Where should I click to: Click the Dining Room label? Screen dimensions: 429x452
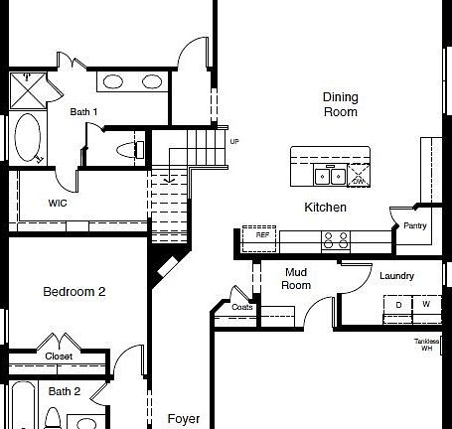(340, 104)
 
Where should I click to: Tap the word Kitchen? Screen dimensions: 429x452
(325, 208)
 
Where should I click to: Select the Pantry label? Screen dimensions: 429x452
(415, 226)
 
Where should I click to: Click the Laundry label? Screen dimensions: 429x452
(396, 276)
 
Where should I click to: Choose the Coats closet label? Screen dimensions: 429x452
(242, 307)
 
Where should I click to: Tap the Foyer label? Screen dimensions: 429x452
(184, 418)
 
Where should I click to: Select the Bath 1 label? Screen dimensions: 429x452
(83, 112)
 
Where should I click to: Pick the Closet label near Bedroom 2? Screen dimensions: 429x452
(59, 357)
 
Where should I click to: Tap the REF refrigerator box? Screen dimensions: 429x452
(262, 236)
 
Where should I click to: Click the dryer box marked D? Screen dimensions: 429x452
(398, 304)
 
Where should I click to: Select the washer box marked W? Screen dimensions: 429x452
(425, 304)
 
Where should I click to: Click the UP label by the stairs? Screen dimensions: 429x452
(234, 141)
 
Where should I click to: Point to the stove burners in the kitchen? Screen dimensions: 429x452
(335, 239)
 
